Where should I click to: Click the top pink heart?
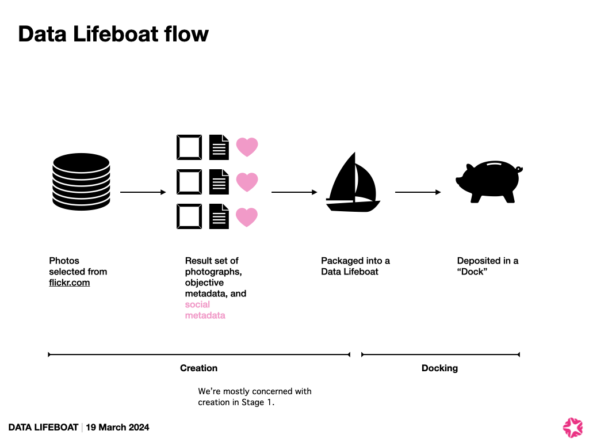click(247, 147)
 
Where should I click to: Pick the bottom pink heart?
click(247, 217)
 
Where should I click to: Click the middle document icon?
click(219, 182)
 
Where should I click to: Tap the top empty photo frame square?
click(189, 147)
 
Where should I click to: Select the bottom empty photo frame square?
click(189, 217)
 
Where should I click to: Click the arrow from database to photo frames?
click(143, 192)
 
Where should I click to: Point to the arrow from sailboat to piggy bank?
click(418, 192)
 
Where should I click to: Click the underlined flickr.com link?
click(70, 283)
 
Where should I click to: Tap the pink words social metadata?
click(205, 310)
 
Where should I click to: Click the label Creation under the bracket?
click(198, 368)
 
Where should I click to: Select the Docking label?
click(439, 368)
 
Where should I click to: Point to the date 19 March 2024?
click(118, 427)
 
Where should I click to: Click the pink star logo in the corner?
click(572, 426)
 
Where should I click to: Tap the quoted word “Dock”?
click(472, 272)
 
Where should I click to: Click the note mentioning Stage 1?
click(254, 397)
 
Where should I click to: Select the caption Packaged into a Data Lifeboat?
click(355, 266)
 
